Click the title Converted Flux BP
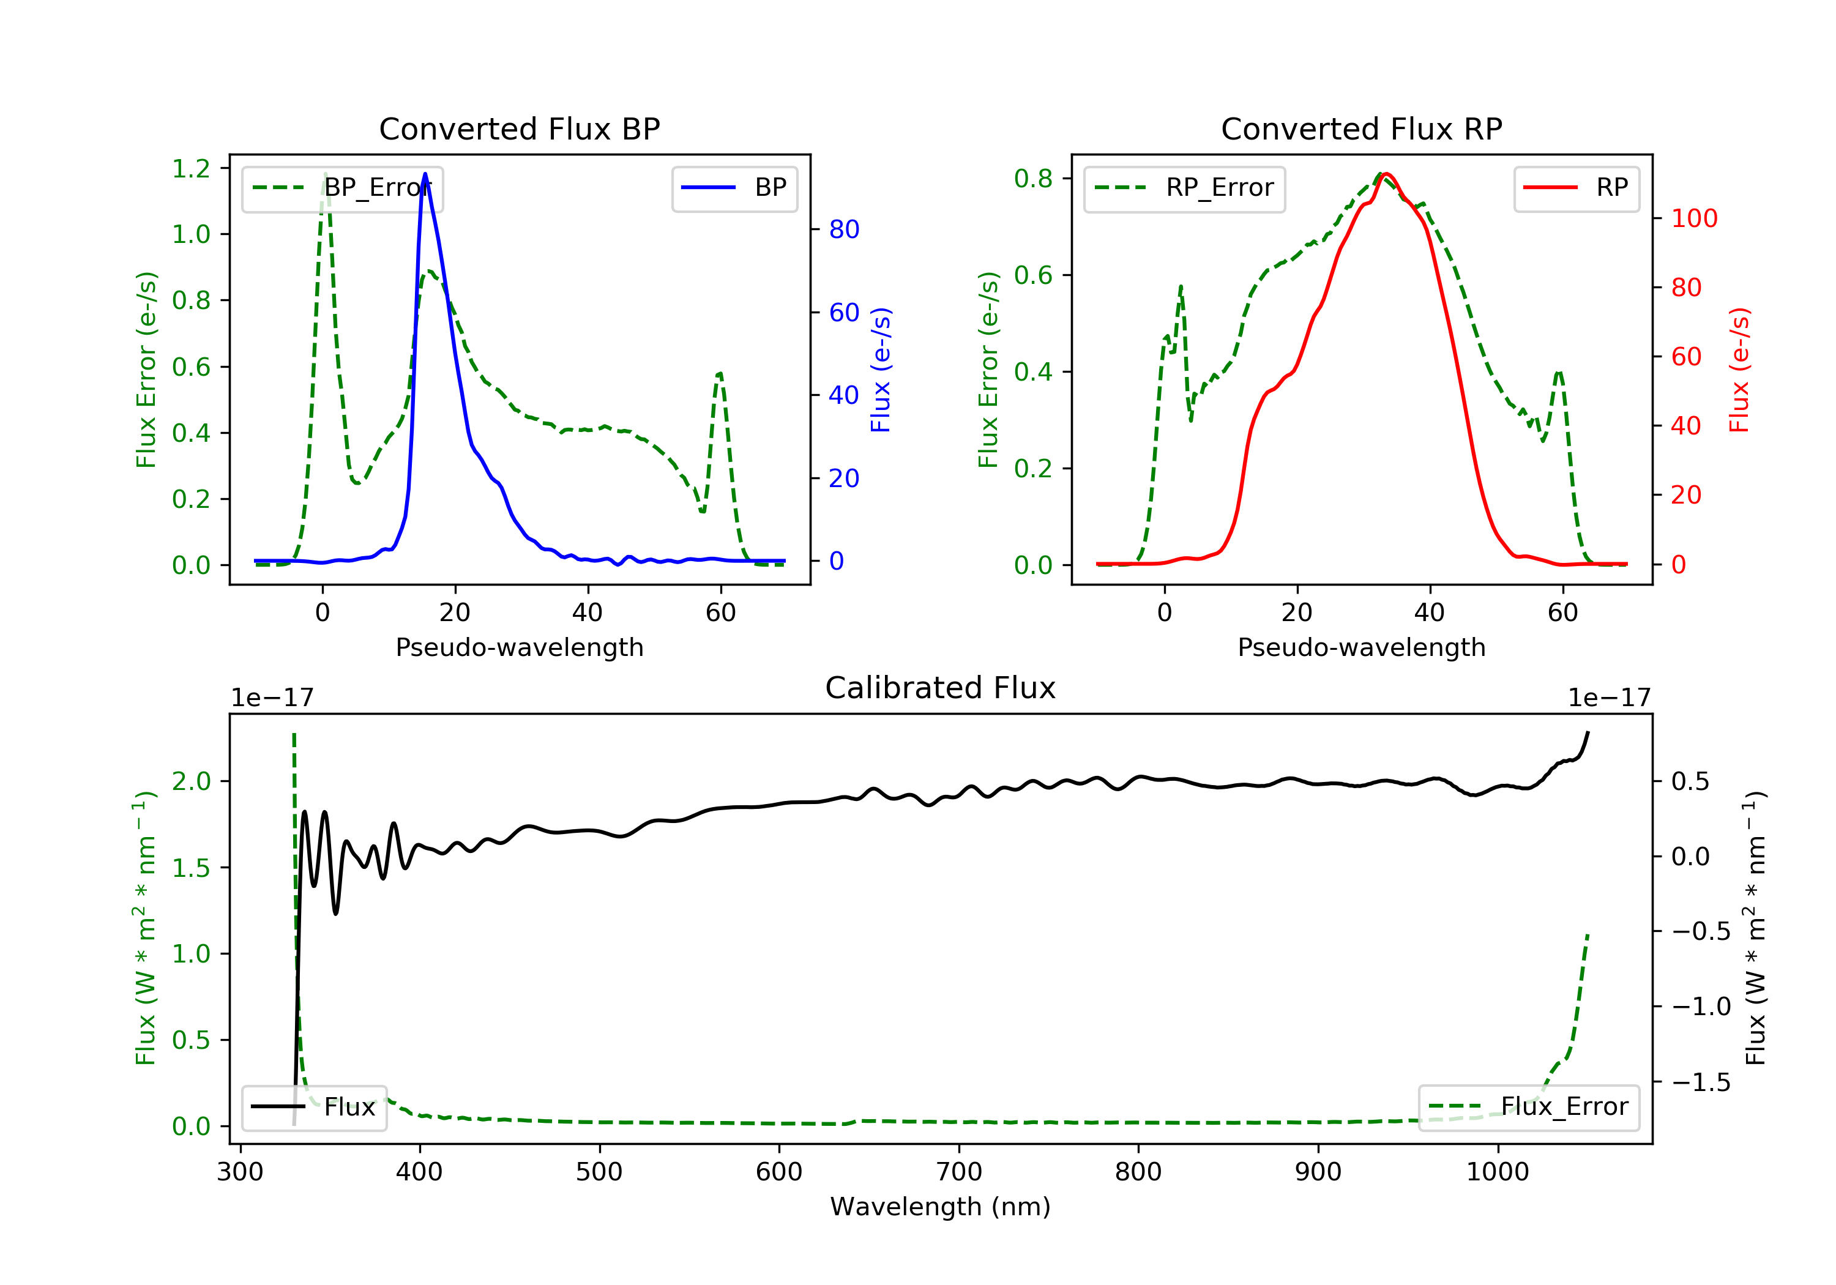tap(520, 128)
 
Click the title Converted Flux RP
tap(1362, 128)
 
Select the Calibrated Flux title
tap(941, 688)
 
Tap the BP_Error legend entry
tap(342, 188)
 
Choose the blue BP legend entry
tap(734, 188)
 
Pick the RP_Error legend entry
tap(1184, 188)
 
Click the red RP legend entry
tap(1576, 188)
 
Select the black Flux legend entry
tap(313, 1107)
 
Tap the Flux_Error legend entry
tap(1529, 1107)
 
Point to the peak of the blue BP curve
tap(425, 174)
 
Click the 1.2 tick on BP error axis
tap(191, 169)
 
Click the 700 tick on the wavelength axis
tap(959, 1172)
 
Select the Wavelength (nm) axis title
tap(941, 1207)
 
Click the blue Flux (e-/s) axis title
tap(881, 370)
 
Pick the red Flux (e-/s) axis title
tap(1739, 370)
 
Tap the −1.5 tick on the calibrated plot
tap(1701, 1082)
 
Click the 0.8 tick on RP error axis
tap(1033, 178)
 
